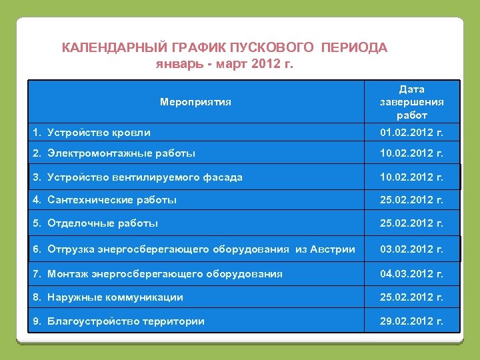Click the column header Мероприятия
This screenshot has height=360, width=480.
(195, 102)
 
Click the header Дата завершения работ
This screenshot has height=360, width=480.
(411, 102)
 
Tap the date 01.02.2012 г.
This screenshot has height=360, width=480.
(411, 133)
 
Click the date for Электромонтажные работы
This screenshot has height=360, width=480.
(411, 153)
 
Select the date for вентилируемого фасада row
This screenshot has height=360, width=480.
(411, 177)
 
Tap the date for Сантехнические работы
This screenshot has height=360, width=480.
(411, 200)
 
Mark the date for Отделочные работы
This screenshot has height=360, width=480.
(411, 223)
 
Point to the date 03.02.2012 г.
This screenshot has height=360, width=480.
(411, 249)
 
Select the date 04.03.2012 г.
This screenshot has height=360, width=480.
(411, 274)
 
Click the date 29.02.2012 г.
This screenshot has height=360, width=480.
(411, 321)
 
